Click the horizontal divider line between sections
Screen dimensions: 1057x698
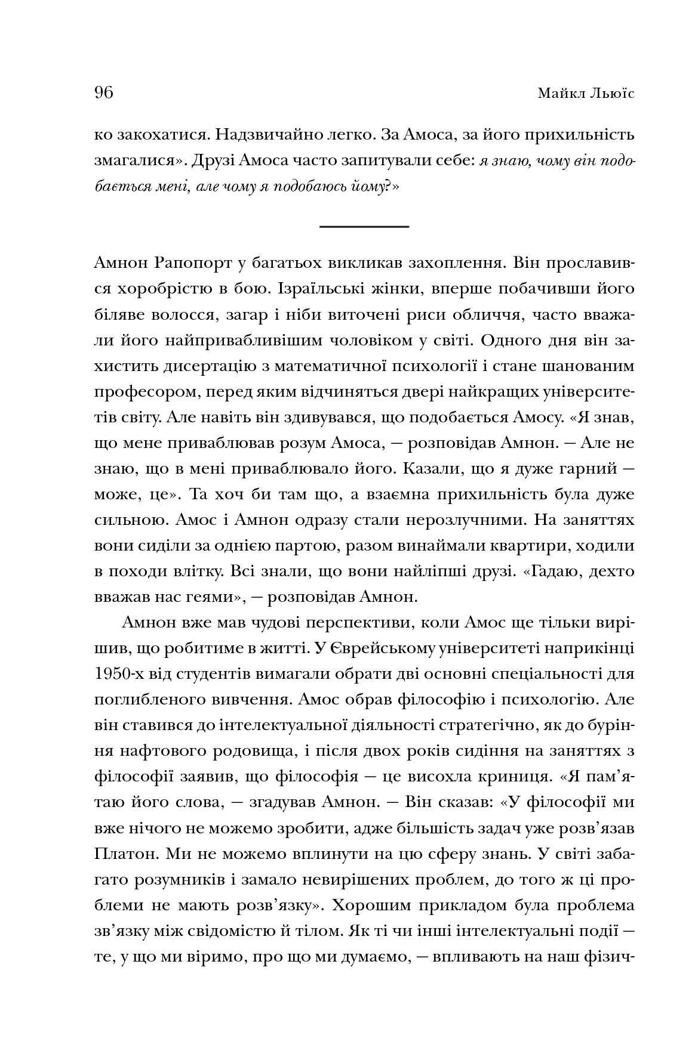pyautogui.click(x=364, y=227)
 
